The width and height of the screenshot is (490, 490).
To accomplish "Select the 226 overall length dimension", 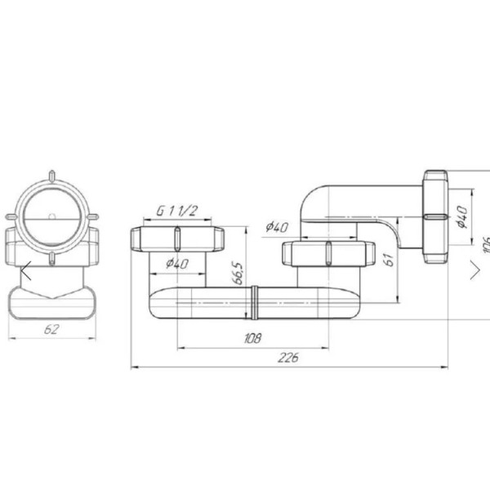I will click(287, 357).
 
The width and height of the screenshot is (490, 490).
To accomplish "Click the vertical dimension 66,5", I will click(237, 273).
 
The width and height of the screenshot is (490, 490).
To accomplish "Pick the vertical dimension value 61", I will click(390, 260).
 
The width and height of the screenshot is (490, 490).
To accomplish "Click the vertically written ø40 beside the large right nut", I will click(461, 216).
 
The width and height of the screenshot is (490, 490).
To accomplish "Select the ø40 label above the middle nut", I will click(278, 228).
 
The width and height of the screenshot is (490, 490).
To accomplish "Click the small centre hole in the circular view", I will click(51, 218).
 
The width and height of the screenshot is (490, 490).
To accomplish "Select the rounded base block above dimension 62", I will click(51, 299).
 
